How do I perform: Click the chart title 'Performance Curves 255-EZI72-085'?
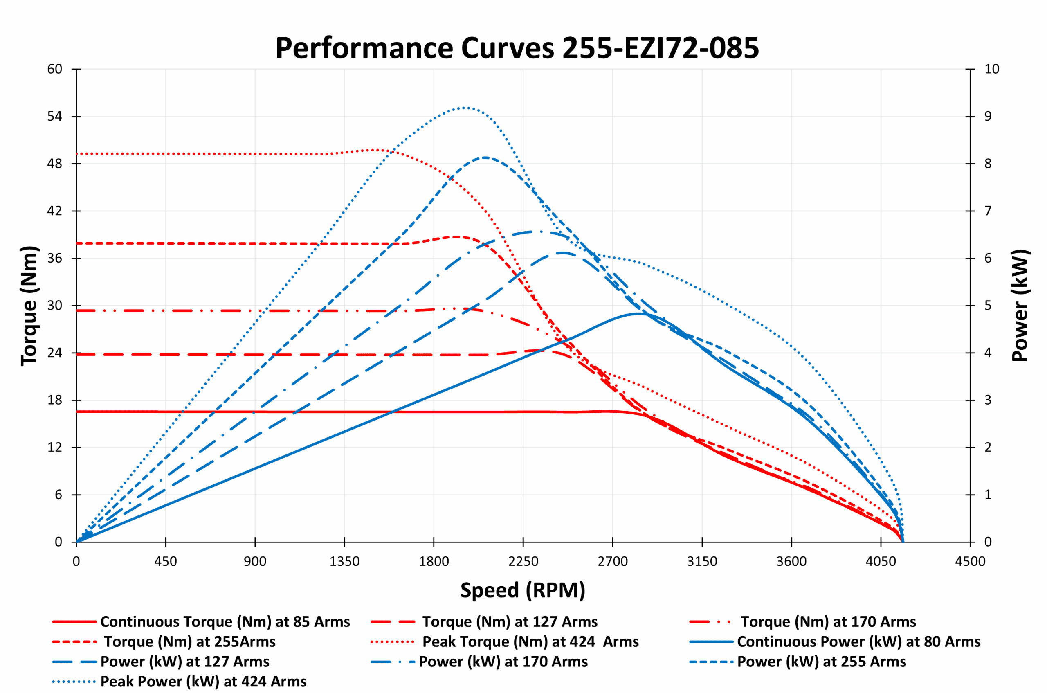point(517,48)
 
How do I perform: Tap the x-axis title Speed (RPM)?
point(523,590)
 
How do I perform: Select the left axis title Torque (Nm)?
point(29,306)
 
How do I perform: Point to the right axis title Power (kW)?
point(1020,306)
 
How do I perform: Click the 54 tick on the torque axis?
point(55,116)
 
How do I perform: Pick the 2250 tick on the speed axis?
point(523,562)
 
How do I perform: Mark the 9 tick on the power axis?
point(988,116)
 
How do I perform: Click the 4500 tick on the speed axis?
point(970,562)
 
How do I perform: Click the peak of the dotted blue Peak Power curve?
point(465,108)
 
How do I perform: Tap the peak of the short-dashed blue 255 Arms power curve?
point(485,157)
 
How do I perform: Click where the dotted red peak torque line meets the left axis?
point(77,154)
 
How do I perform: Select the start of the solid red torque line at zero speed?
point(77,412)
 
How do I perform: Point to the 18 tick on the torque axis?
point(55,400)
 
